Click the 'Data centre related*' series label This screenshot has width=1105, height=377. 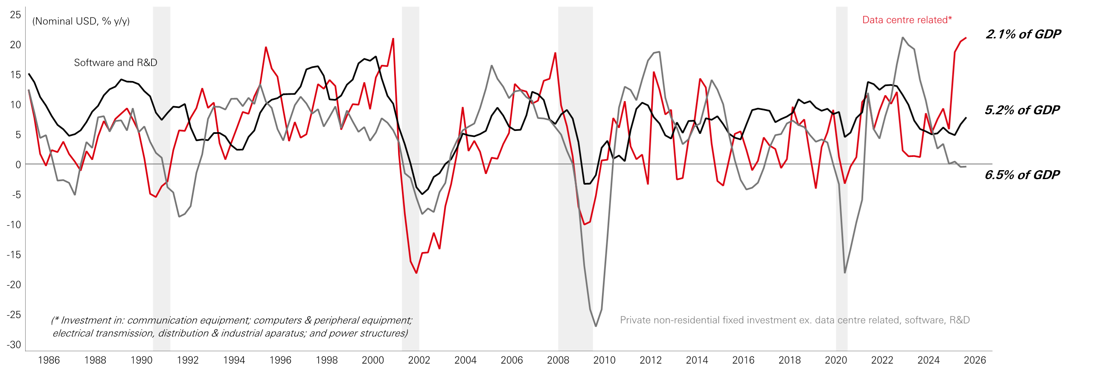[906, 20]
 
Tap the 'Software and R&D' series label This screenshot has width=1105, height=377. [115, 63]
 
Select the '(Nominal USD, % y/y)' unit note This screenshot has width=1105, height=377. [81, 21]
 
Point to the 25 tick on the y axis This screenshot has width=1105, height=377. [15, 15]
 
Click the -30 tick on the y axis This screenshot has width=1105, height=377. [14, 345]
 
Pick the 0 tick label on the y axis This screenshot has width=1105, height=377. [18, 165]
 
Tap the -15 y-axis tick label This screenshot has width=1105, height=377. [14, 255]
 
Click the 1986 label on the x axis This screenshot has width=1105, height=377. [49, 360]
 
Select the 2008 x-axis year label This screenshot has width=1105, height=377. [558, 360]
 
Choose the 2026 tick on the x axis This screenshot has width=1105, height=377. [974, 360]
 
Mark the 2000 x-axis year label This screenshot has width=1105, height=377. [372, 360]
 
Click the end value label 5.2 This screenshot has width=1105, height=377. [994, 110]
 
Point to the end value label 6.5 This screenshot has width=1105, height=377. [994, 174]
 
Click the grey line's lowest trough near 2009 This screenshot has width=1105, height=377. [596, 326]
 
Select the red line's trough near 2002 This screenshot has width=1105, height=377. [416, 273]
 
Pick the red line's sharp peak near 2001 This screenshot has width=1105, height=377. [393, 39]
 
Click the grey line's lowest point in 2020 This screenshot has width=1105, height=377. [845, 273]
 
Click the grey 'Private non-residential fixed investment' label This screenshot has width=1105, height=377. [794, 320]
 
